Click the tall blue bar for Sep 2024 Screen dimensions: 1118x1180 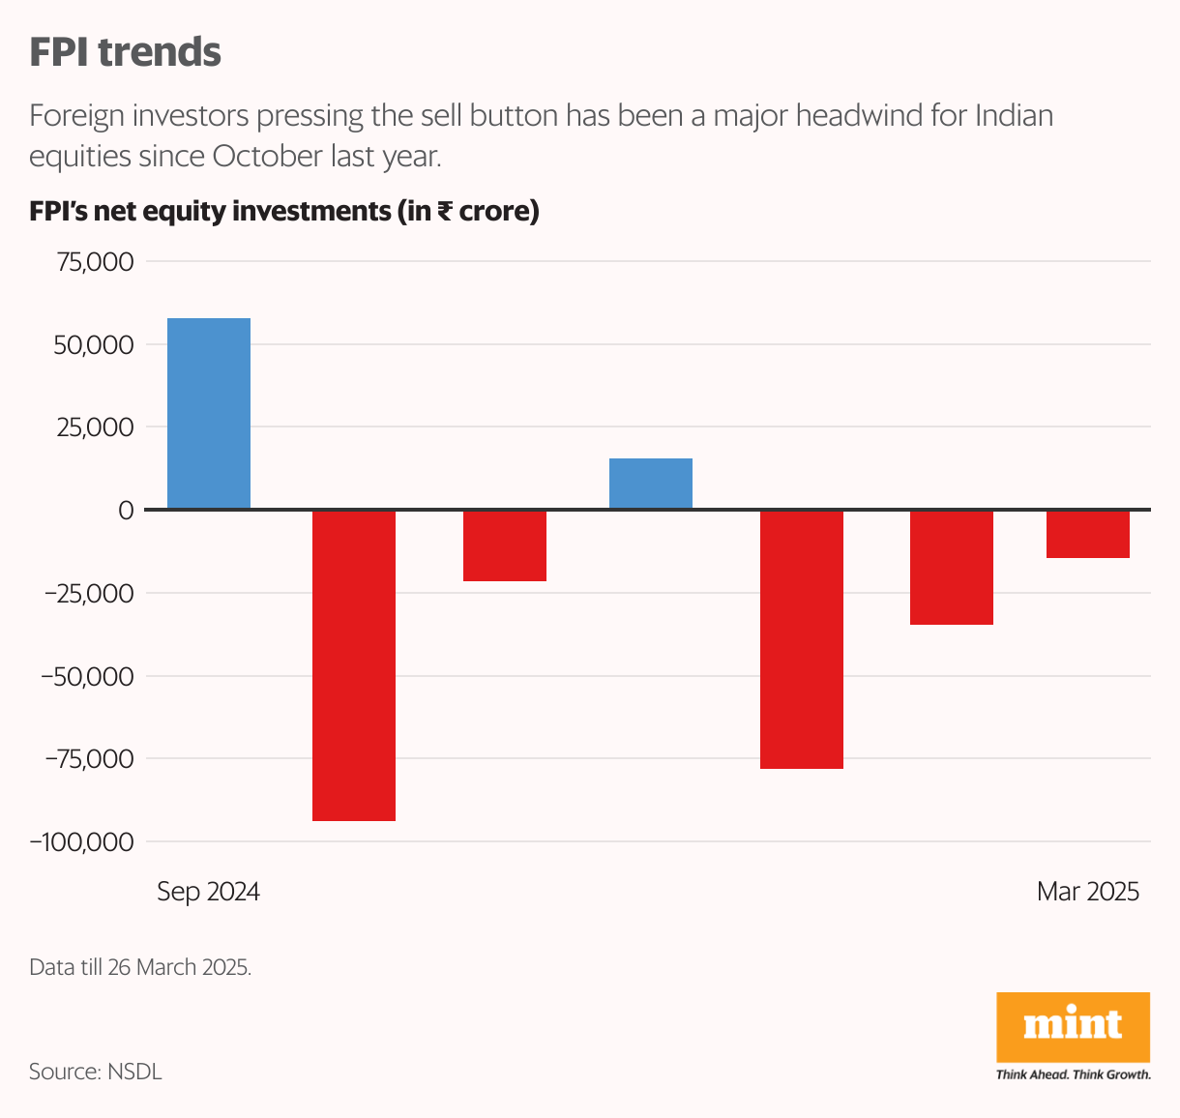pos(209,413)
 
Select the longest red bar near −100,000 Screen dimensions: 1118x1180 pos(354,664)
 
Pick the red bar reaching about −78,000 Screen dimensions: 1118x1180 pos(802,638)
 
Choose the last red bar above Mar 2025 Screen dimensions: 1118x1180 pos(1088,534)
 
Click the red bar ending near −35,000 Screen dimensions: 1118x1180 pos(952,567)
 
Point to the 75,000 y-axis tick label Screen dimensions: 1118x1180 pos(94,262)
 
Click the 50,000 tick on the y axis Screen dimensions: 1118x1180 pos(94,345)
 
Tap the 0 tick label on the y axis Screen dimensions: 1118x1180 pos(126,510)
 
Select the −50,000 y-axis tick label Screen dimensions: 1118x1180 pos(87,676)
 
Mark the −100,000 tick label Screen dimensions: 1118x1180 pos(82,842)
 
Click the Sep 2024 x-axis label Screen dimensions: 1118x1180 pos(209,891)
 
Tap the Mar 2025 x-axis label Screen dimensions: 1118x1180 pos(1088,891)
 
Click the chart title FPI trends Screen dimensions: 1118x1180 pos(125,52)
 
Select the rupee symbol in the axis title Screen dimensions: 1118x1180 pos(446,211)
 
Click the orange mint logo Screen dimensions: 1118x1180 pos(1073,1026)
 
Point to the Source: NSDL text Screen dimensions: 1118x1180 pos(96,1072)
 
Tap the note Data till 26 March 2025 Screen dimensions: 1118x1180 pos(140,967)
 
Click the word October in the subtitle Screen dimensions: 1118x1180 pos(267,157)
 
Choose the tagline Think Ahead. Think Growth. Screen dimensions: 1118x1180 pos(1073,1074)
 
